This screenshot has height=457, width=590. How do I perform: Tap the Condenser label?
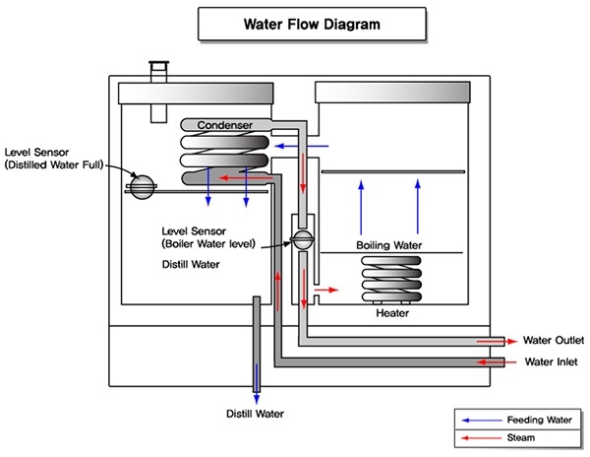click(x=226, y=125)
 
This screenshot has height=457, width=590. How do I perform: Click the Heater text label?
click(x=392, y=313)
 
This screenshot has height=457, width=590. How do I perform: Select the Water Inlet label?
click(x=551, y=361)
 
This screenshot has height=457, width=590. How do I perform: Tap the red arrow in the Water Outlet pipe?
click(x=489, y=340)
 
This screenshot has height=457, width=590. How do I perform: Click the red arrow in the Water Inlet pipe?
click(x=489, y=362)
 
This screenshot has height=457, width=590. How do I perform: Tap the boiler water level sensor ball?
click(x=302, y=238)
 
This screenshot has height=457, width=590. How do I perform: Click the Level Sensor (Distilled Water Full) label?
click(x=55, y=159)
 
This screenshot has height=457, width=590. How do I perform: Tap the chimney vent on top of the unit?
click(x=156, y=74)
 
